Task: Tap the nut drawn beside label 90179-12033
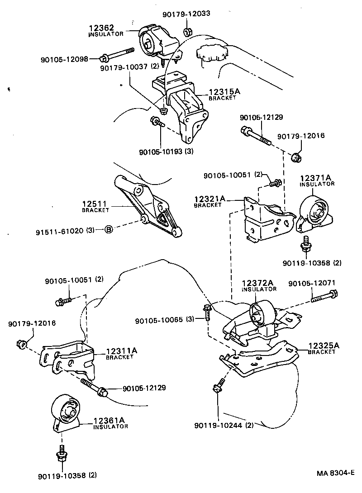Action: [187, 32]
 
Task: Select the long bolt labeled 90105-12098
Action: [119, 54]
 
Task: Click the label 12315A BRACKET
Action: [224, 94]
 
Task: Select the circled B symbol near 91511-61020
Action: [109, 230]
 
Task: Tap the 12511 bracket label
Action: [95, 206]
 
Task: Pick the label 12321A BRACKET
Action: [210, 201]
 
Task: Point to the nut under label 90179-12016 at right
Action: [296, 157]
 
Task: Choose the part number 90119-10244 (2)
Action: [224, 426]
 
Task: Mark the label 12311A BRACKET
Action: [121, 353]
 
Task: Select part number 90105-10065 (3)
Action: [165, 319]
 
